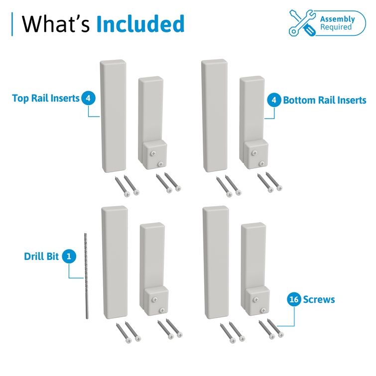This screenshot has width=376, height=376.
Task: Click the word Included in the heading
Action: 140,23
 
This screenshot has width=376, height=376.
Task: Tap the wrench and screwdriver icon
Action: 302,23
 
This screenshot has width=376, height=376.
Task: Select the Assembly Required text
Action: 337,23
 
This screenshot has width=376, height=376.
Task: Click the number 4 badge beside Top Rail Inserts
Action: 88,98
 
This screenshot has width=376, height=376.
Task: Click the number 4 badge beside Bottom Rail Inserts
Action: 274,100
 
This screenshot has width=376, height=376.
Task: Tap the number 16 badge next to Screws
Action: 294,299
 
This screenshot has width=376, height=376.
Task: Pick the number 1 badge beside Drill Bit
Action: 69,256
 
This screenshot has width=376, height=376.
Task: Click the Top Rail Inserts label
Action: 46,98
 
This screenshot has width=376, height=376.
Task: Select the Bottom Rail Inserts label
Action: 325,100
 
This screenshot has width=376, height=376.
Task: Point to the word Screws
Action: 319,299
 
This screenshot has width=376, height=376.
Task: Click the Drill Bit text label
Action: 41,256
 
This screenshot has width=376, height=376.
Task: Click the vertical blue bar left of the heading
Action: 12,23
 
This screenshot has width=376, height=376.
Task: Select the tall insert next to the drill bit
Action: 115,262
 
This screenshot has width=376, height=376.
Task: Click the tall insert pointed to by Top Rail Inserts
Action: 114,116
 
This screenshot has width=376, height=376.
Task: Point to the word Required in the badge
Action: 336,27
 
